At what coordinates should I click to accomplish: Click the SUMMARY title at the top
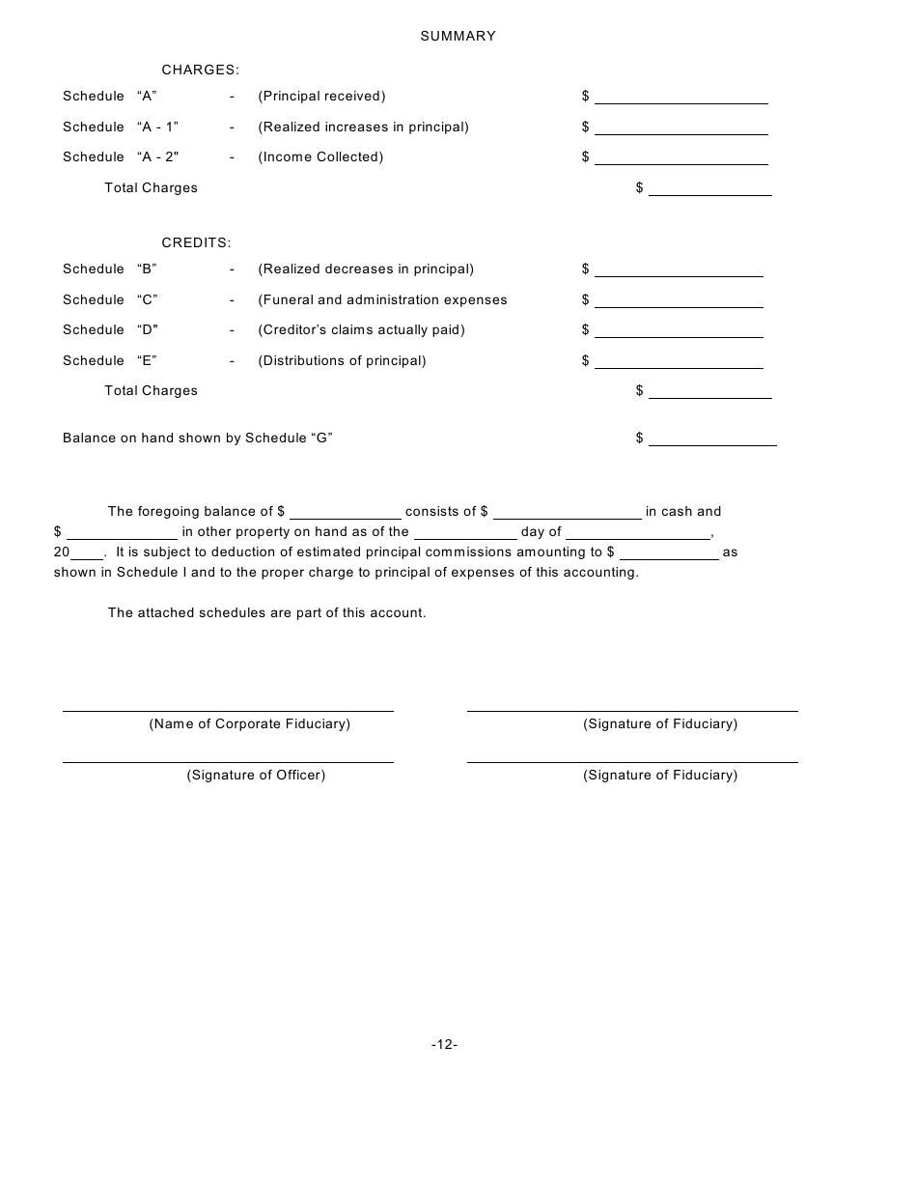point(458,36)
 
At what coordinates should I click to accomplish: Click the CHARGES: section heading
point(200,70)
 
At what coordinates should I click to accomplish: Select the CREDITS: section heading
point(196,242)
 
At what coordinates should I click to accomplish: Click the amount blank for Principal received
point(681,97)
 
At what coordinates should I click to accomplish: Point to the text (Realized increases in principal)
point(363,127)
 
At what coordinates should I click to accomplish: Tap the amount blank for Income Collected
point(681,157)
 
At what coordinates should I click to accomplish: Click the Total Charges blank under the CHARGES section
point(709,188)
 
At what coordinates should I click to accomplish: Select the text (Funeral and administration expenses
point(382,299)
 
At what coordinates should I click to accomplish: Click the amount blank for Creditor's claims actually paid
point(679,330)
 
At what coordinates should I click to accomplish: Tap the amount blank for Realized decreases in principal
point(679,269)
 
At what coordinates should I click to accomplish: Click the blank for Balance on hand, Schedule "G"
point(712,438)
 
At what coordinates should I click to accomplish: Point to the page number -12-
point(444,1044)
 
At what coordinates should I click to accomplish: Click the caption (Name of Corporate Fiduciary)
point(249,723)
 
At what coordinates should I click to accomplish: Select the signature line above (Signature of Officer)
point(228,761)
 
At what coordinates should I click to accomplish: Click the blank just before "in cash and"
point(567,513)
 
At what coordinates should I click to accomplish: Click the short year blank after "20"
point(87,553)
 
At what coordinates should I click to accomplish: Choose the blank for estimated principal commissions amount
point(669,553)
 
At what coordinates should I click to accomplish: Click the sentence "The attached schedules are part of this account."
point(266,612)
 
